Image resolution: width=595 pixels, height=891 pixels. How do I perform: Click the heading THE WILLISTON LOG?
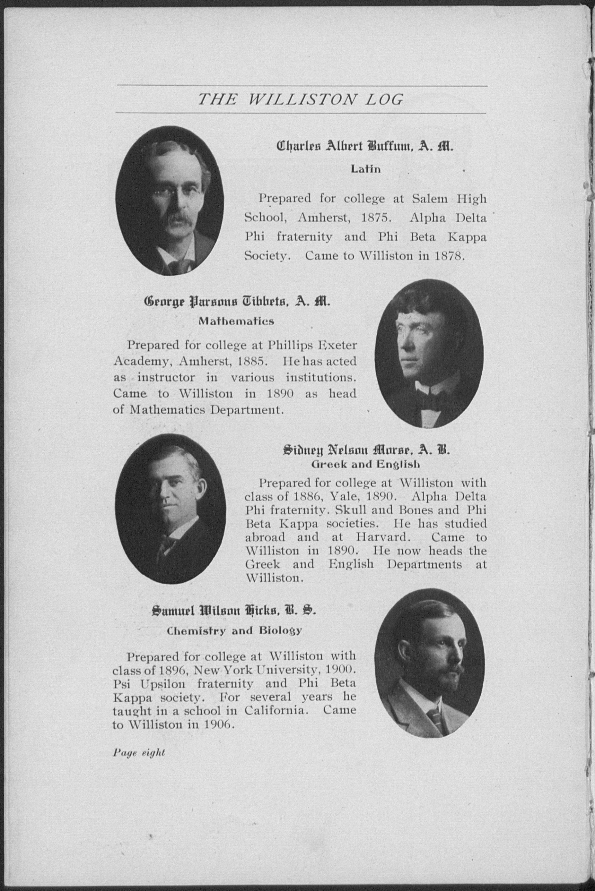(301, 100)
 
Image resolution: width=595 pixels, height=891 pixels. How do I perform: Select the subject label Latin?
(365, 169)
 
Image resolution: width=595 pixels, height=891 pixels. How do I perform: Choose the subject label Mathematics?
(236, 321)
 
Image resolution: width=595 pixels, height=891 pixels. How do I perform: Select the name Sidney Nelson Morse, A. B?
(366, 450)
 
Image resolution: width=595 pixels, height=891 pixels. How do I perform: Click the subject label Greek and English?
(365, 464)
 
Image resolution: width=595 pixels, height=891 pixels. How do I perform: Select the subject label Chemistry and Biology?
(234, 631)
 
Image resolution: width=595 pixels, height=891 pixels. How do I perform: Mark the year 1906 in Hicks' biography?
(218, 724)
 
